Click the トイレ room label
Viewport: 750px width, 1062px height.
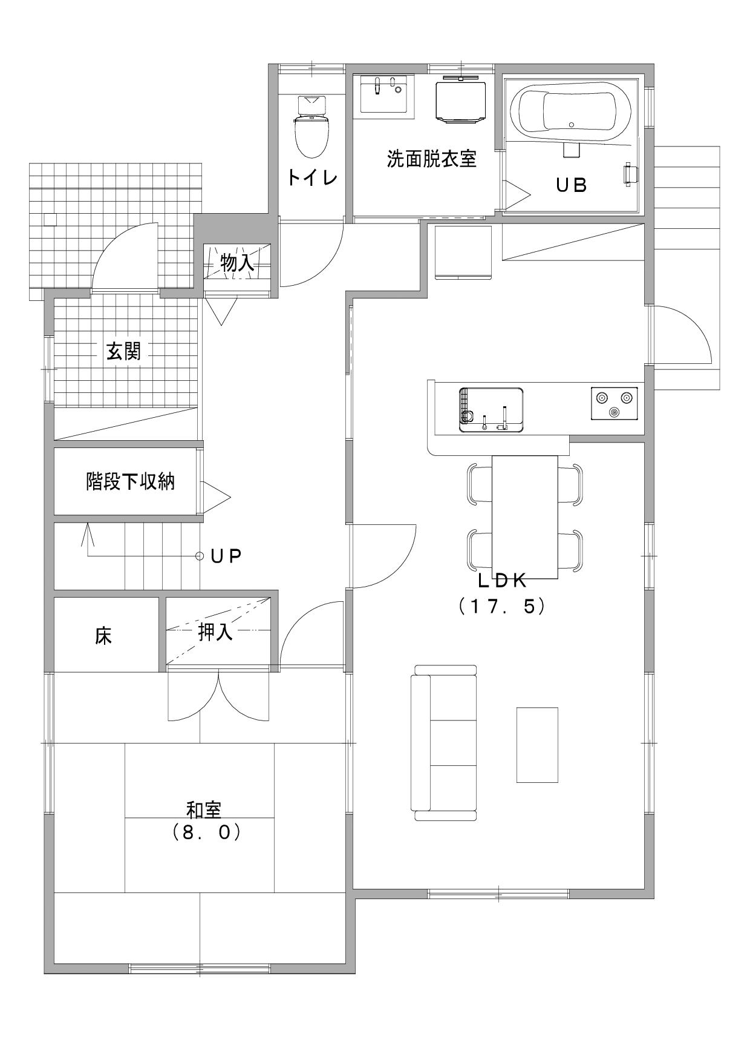(x=312, y=177)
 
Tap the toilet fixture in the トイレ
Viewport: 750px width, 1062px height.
(x=312, y=127)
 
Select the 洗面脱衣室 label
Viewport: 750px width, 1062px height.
(x=432, y=159)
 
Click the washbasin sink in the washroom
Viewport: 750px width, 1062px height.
(x=384, y=94)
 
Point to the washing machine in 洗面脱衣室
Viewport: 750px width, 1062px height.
(x=461, y=99)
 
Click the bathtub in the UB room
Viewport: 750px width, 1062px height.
(x=570, y=109)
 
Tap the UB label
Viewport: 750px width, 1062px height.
(x=572, y=185)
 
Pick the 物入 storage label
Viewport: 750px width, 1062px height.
(x=237, y=263)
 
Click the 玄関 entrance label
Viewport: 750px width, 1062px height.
(x=124, y=351)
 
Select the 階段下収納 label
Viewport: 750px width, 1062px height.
(x=130, y=482)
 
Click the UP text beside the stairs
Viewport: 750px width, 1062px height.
(x=227, y=556)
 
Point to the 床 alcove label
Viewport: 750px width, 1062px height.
(x=103, y=636)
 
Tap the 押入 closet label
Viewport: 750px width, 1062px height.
(x=215, y=633)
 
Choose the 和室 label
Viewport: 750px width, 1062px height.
(x=204, y=810)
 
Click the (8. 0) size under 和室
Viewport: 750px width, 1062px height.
(x=206, y=833)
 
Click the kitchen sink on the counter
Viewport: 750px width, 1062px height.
(x=491, y=410)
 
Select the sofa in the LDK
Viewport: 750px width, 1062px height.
(x=443, y=742)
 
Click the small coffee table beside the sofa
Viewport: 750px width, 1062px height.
(x=537, y=744)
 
